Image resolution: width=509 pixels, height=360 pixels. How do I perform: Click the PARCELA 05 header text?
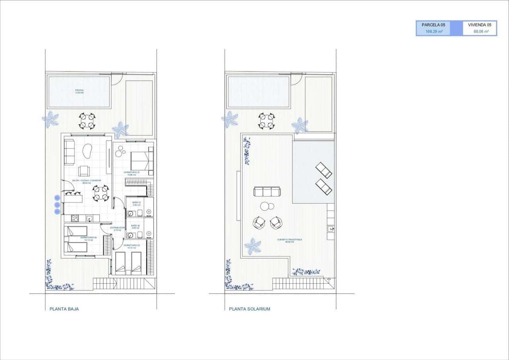433,25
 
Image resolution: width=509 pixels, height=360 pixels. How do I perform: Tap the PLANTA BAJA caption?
64,309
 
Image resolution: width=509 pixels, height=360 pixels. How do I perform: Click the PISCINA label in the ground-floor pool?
79,91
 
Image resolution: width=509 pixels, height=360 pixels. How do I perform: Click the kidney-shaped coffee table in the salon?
87,151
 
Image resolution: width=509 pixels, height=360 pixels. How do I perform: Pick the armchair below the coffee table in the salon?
84,171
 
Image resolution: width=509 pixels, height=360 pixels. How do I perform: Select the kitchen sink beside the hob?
90,218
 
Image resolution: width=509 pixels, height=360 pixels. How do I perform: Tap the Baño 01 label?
136,203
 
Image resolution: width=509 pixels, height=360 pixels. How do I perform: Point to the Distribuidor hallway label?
117,229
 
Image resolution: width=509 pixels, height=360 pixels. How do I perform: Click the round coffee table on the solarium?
267,206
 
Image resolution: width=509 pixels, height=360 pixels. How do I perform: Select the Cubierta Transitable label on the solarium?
290,240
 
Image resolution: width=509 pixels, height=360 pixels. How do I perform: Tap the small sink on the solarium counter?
331,228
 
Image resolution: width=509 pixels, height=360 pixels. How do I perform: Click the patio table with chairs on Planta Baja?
87,121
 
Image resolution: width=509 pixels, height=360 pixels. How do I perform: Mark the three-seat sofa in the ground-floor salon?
69,152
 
